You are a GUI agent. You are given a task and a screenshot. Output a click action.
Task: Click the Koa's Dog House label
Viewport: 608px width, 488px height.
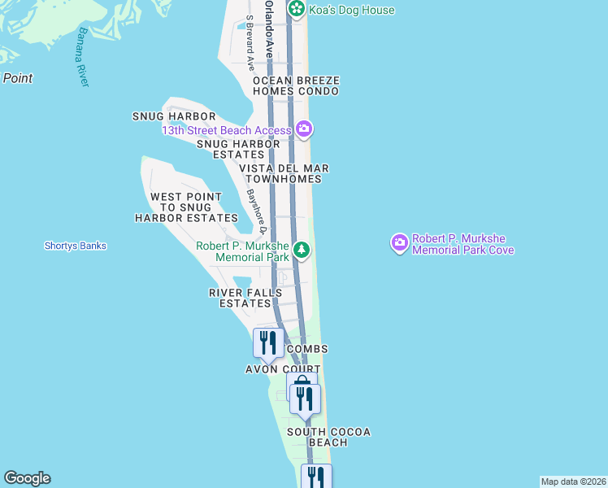[351, 11]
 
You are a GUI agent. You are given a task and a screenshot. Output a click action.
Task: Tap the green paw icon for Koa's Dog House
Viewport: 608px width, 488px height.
[297, 10]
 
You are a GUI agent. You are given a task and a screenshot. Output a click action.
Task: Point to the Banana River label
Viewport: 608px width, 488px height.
[82, 58]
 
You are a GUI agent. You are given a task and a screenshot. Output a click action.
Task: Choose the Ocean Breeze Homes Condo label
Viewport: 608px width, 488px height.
[295, 86]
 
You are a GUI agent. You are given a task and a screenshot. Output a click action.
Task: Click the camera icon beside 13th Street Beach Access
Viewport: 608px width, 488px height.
[304, 129]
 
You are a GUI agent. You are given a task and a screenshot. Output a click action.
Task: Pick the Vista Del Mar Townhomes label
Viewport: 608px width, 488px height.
[284, 173]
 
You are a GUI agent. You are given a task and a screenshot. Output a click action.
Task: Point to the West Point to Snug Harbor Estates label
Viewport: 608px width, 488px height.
[186, 207]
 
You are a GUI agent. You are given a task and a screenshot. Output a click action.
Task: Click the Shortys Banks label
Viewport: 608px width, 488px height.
[76, 246]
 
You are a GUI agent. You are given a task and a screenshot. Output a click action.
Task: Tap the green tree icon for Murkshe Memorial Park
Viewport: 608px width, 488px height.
[302, 250]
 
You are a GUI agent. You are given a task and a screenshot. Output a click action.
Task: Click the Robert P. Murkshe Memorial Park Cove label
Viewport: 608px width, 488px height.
[463, 244]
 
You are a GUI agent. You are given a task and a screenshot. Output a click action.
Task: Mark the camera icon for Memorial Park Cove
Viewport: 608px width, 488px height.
[399, 243]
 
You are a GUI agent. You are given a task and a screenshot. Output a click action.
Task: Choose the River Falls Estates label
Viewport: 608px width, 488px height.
[245, 298]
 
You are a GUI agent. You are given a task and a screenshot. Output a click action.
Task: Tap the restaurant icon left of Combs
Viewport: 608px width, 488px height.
[267, 342]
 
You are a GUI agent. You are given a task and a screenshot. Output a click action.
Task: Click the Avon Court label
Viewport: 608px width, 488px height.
[283, 369]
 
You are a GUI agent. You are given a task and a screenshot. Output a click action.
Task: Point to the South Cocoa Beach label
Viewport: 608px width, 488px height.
[328, 437]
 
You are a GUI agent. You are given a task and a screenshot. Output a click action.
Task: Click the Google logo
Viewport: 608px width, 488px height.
[27, 478]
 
